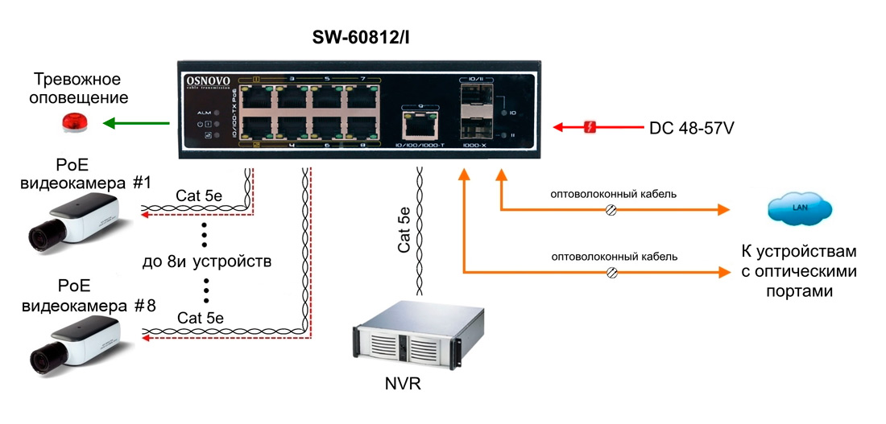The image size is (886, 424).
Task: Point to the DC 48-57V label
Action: [x=690, y=127]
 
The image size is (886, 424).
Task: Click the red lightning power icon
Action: [x=590, y=127]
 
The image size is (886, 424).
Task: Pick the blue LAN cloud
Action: [x=799, y=208]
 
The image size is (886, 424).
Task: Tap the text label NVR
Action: [x=403, y=385]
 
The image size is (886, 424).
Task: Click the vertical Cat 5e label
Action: [x=404, y=230]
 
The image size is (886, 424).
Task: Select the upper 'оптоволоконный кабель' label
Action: [x=613, y=193]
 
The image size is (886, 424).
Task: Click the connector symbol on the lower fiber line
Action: [x=611, y=274]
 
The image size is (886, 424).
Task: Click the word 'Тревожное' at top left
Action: [x=77, y=80]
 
